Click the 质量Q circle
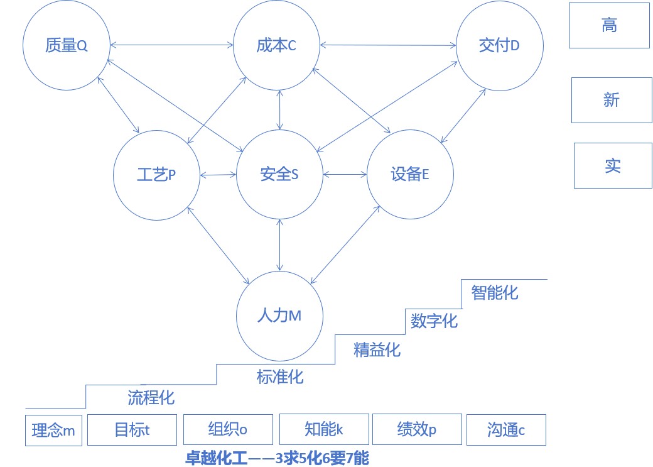coord(66,46)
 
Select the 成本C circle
coord(277,46)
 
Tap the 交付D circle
coord(500,46)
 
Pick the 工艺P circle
coord(156,175)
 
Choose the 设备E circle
coord(410,175)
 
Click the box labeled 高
coord(609,26)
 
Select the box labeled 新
coord(611,100)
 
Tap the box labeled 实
coord(613,166)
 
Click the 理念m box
coord(53,431)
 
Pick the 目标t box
coord(132,430)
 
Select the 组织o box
coord(228,430)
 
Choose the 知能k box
coord(323,430)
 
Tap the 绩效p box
coord(417,430)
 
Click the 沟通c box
coord(506,430)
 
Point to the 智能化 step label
coord(495,292)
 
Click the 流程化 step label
coord(151,397)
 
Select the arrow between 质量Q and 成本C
coord(171,45)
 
